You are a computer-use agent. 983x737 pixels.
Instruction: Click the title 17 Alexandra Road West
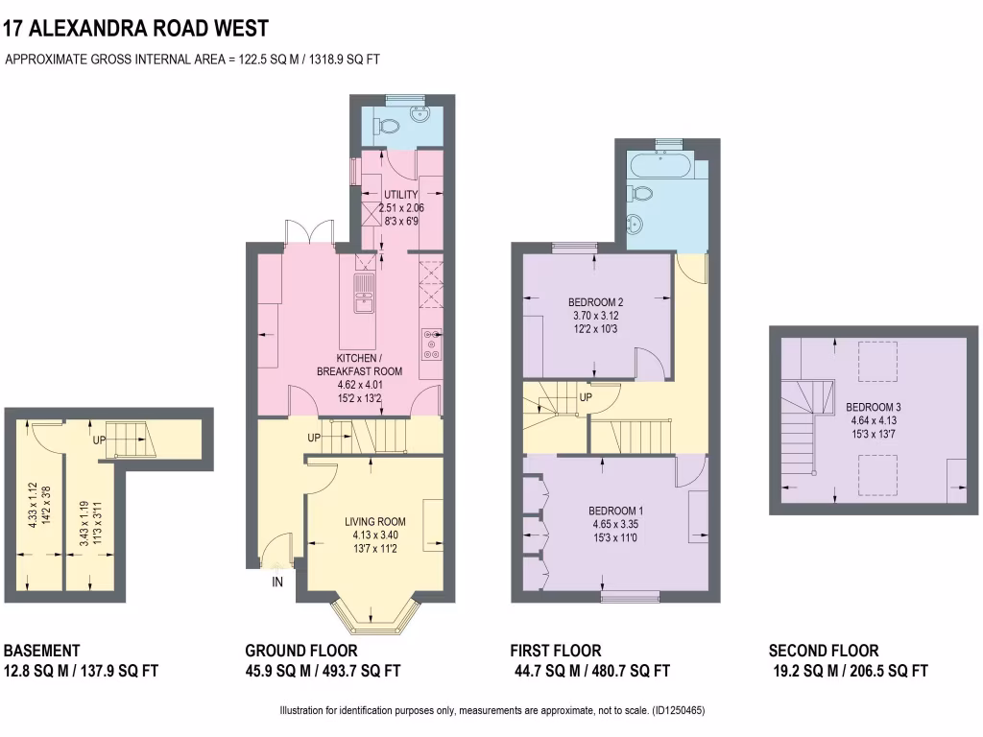[x=136, y=30]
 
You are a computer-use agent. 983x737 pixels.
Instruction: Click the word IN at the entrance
[x=277, y=582]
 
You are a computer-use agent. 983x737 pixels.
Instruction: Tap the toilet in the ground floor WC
[x=388, y=125]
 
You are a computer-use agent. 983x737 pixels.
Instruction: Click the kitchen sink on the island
[x=365, y=293]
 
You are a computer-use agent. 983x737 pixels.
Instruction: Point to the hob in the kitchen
[x=431, y=345]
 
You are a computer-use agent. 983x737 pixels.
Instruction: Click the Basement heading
[x=42, y=651]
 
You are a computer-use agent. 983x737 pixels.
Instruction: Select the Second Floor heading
[x=824, y=651]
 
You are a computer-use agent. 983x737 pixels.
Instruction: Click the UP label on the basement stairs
[x=99, y=440]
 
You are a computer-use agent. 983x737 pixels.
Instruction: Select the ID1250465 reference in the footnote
[x=679, y=711]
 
